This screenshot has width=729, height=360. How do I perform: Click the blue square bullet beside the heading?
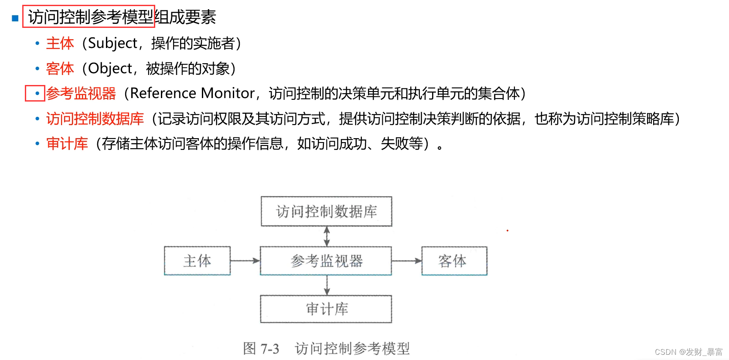pos(15,18)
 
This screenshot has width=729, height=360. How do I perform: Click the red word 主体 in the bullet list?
pos(60,43)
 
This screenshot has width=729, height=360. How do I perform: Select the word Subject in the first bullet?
pos(112,43)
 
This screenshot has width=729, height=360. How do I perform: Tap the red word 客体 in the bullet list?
pos(60,68)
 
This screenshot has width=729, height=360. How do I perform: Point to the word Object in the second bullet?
pos(110,68)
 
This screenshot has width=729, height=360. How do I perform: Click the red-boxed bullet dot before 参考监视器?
pos(37,93)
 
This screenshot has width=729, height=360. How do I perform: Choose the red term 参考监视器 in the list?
pos(81,93)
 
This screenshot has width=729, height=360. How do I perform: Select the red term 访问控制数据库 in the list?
pos(95,119)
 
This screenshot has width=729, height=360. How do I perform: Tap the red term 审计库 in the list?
pos(67,143)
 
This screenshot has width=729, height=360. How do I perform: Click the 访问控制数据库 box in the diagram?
pos(327,211)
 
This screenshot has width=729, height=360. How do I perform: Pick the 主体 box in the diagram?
pos(197,261)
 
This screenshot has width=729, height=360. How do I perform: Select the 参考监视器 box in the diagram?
pos(326,261)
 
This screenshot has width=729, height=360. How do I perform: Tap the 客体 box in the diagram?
pos(454,261)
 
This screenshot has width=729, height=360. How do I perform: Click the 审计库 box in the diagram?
pos(326,309)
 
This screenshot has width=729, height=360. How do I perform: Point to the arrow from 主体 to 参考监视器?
pos(245,261)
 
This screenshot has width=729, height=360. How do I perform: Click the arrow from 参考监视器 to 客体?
pos(406,261)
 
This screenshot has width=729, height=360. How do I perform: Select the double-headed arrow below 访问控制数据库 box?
pos(327,236)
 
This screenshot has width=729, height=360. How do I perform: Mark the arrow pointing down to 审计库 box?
pos(327,285)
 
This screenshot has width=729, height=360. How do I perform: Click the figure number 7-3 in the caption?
pos(269,349)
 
